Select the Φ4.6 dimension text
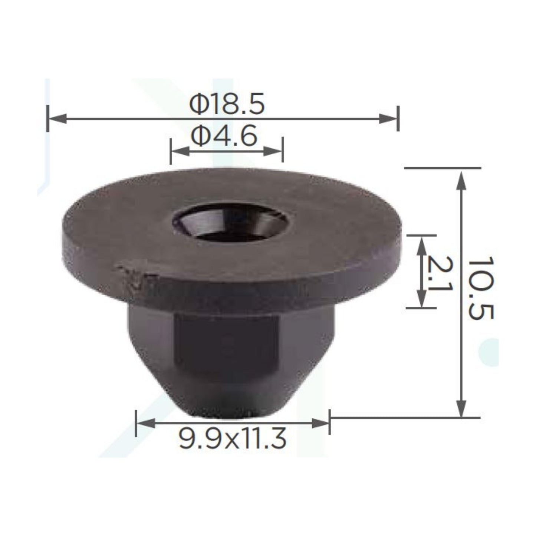coord(224,136)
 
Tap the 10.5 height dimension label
coord(481,288)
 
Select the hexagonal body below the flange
coord(230,341)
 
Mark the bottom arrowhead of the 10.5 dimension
coord(461,408)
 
